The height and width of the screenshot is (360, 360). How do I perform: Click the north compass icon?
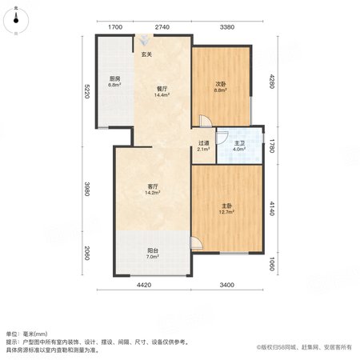click(x=16, y=21)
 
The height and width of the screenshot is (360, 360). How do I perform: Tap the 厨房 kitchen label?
click(x=114, y=78)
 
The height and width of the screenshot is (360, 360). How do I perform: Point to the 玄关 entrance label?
click(x=146, y=54)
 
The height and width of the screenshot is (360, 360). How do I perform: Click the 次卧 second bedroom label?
click(x=221, y=84)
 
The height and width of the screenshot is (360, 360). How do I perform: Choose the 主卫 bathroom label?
click(x=239, y=143)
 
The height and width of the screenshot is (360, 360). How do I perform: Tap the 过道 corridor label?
click(x=203, y=143)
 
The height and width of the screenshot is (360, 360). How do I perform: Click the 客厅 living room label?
click(x=153, y=186)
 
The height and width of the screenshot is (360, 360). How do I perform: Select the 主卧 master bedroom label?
click(x=226, y=206)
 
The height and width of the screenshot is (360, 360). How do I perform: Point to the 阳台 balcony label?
click(x=153, y=250)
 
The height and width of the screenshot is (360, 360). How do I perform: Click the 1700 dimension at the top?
click(x=115, y=27)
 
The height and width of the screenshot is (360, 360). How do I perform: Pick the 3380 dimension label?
click(x=227, y=27)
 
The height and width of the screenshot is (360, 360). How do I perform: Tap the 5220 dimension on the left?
click(x=86, y=91)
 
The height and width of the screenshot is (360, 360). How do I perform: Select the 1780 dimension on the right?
click(x=272, y=146)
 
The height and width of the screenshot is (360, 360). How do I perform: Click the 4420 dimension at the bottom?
click(x=144, y=285)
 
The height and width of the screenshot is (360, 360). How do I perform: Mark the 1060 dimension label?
click(x=272, y=264)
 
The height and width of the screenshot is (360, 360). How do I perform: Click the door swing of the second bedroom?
click(x=206, y=121)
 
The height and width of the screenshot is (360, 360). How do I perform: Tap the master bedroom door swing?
click(x=196, y=243)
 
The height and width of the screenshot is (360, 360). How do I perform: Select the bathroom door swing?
click(x=222, y=138)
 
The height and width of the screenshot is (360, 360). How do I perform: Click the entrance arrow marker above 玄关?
click(x=144, y=40)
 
